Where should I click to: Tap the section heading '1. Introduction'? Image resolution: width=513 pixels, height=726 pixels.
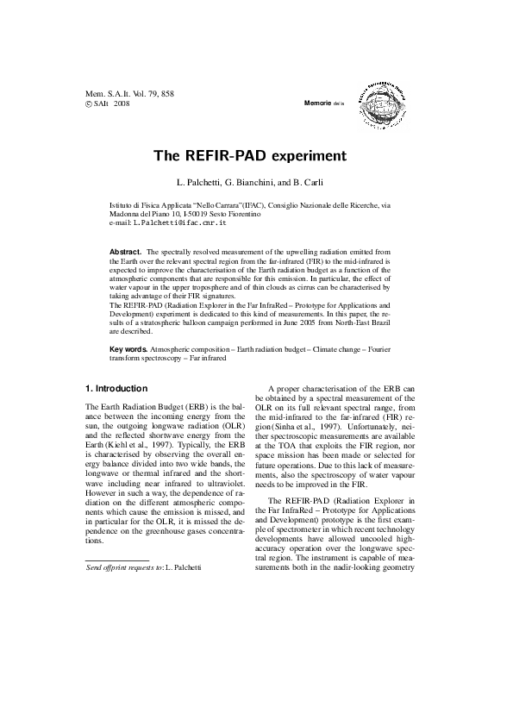(116, 388)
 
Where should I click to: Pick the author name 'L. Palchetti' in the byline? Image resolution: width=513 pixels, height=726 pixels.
(196, 185)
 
